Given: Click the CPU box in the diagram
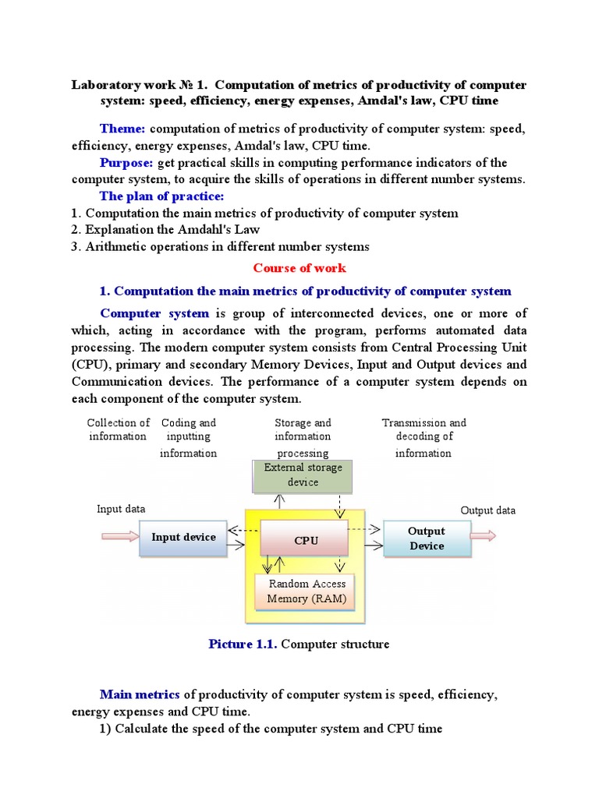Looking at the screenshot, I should click(x=306, y=540).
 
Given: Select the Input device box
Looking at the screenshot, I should click(x=183, y=537).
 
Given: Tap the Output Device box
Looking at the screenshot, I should click(x=427, y=538).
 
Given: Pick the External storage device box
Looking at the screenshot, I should click(x=303, y=475).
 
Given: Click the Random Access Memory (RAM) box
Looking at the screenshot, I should click(x=307, y=591).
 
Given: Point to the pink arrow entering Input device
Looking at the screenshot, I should click(x=119, y=536).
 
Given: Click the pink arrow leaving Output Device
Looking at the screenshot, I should click(x=484, y=535).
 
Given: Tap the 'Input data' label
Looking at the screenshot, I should click(x=121, y=509).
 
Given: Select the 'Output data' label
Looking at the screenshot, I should click(x=488, y=510).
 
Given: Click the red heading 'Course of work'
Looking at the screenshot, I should click(x=299, y=267).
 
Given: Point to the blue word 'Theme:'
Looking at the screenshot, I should click(x=122, y=128).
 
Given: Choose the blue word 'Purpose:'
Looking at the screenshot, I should click(x=127, y=162).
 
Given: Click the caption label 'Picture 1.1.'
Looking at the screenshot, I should click(x=243, y=644).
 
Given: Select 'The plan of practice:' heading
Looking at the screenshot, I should click(x=161, y=196).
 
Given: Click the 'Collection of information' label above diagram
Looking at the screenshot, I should click(x=118, y=429).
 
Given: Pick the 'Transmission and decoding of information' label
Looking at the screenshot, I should click(x=424, y=437).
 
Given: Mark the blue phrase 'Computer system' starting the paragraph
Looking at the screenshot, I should click(x=154, y=313).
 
